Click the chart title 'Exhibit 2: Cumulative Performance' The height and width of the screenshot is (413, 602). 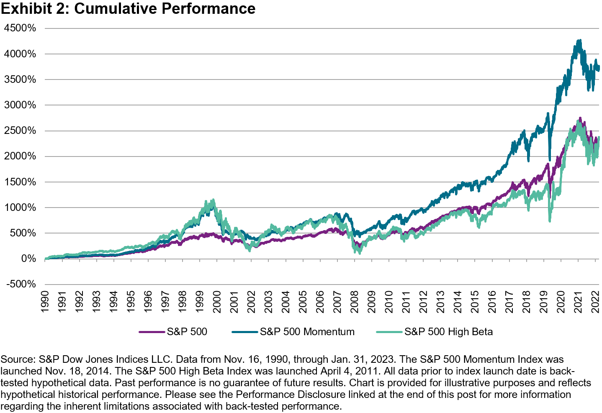pyautogui.click(x=128, y=9)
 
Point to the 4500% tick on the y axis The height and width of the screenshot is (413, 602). pyautogui.click(x=20, y=28)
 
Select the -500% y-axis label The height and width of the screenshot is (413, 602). pyautogui.click(x=20, y=284)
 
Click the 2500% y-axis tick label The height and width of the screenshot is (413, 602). pyautogui.click(x=20, y=131)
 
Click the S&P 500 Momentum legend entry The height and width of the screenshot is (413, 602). pyautogui.click(x=307, y=332)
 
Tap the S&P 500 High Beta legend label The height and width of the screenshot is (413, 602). pyautogui.click(x=448, y=332)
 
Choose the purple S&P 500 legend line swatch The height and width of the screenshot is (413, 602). pyautogui.click(x=152, y=332)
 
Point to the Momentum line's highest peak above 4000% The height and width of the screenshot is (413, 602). pyautogui.click(x=579, y=41)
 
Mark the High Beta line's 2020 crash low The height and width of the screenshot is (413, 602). pyautogui.click(x=550, y=221)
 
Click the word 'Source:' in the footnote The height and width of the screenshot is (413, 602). pyautogui.click(x=18, y=359)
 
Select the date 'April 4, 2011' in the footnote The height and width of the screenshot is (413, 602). pyautogui.click(x=323, y=371)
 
